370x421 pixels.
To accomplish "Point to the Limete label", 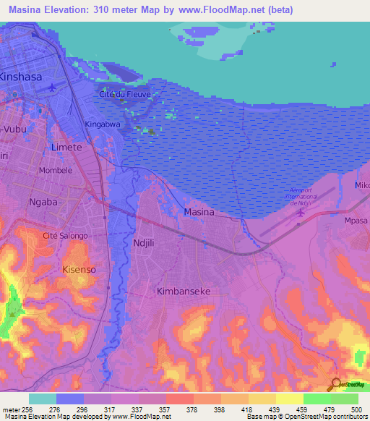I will point(66,147).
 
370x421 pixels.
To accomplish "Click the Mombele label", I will point(55,171).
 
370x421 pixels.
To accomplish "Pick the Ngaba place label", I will point(43,202).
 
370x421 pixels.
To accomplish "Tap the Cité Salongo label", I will point(65,236).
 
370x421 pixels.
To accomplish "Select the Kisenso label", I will point(79,269).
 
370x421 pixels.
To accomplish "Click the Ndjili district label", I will point(149,243).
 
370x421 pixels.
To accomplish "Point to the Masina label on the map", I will point(199,212).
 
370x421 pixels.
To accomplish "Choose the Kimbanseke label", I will point(184,291).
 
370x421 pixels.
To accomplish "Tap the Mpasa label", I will point(356,221).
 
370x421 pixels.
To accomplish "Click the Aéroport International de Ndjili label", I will point(300,197).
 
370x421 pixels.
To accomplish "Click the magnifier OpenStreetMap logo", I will point(336,384).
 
